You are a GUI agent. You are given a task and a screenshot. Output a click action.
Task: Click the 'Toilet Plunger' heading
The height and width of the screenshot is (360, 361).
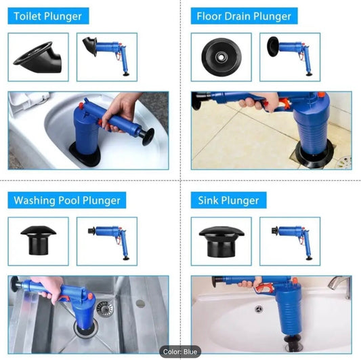coord(48,16)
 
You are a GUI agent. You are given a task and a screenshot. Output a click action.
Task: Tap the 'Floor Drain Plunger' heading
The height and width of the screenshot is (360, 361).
coord(244,16)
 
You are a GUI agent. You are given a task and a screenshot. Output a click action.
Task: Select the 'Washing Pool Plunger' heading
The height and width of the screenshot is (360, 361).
coord(67,200)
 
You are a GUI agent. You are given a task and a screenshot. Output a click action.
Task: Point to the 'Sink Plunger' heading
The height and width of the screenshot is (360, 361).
coord(228,200)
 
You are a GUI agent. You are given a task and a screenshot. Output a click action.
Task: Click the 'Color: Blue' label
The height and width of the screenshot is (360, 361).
coord(179,352)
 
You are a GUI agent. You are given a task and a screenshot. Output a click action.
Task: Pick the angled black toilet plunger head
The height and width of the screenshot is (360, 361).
coord(39,58)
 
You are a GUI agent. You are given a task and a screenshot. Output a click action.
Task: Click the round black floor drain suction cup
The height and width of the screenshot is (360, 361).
coord(221,57)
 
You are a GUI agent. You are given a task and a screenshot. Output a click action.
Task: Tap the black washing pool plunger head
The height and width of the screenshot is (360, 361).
coord(38,240)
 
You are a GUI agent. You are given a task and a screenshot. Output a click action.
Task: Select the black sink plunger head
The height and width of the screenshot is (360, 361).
coord(221,241)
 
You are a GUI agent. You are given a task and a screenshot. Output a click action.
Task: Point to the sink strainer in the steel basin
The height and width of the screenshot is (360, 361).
coord(105,308)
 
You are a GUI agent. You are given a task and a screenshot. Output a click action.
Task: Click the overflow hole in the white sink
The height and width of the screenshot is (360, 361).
coord(259,309)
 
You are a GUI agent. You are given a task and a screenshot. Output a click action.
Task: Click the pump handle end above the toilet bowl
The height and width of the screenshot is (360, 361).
coord(148,137)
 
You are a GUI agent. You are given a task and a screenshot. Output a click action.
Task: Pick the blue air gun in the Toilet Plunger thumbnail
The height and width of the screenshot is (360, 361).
coord(106,56)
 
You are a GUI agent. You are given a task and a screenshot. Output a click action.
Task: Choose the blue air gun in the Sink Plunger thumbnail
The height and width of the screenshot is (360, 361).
coord(293,241)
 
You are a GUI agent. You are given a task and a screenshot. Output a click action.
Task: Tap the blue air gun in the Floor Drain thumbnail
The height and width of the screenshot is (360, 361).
coord(290,56)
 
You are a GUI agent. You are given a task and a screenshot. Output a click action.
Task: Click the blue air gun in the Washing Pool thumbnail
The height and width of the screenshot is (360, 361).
coord(108,241)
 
